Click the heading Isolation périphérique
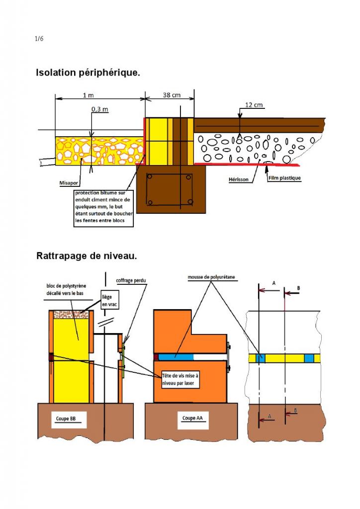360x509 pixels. tap(88, 73)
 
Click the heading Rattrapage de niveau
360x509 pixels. tap(87, 256)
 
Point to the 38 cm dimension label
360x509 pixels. tap(172, 95)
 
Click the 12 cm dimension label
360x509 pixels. tap(254, 105)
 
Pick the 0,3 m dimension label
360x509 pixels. tap(100, 109)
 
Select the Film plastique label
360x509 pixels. tap(284, 177)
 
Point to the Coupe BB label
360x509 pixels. tap(63, 419)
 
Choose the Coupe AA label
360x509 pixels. tap(189, 419)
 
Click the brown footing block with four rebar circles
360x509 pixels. tap(170, 189)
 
